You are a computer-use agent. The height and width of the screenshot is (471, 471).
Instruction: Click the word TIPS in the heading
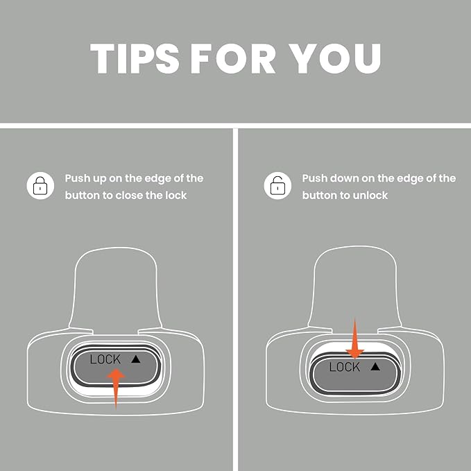coord(135,58)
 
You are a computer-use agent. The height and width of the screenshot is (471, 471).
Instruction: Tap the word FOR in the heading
coord(233,58)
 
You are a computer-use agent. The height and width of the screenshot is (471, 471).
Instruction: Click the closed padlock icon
coord(40,186)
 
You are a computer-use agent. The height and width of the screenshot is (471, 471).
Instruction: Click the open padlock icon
coord(277,186)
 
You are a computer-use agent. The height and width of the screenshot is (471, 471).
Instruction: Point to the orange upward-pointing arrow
coord(116,388)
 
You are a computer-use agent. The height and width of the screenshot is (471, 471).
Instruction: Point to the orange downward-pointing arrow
coord(354,339)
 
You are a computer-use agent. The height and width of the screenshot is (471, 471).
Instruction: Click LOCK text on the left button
coord(105,359)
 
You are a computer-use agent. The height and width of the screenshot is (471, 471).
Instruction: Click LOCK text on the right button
coord(344,367)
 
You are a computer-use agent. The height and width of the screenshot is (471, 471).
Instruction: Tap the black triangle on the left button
coord(136,359)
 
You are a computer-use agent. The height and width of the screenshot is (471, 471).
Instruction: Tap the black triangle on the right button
coord(375,366)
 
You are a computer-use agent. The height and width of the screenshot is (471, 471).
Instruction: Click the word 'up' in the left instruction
coord(99,179)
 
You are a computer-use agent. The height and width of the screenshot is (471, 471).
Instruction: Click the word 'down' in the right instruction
coord(344,178)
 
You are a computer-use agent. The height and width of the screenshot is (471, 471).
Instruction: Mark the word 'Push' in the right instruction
coord(315,178)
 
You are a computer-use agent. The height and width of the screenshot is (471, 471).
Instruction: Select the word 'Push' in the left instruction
coord(78,178)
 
